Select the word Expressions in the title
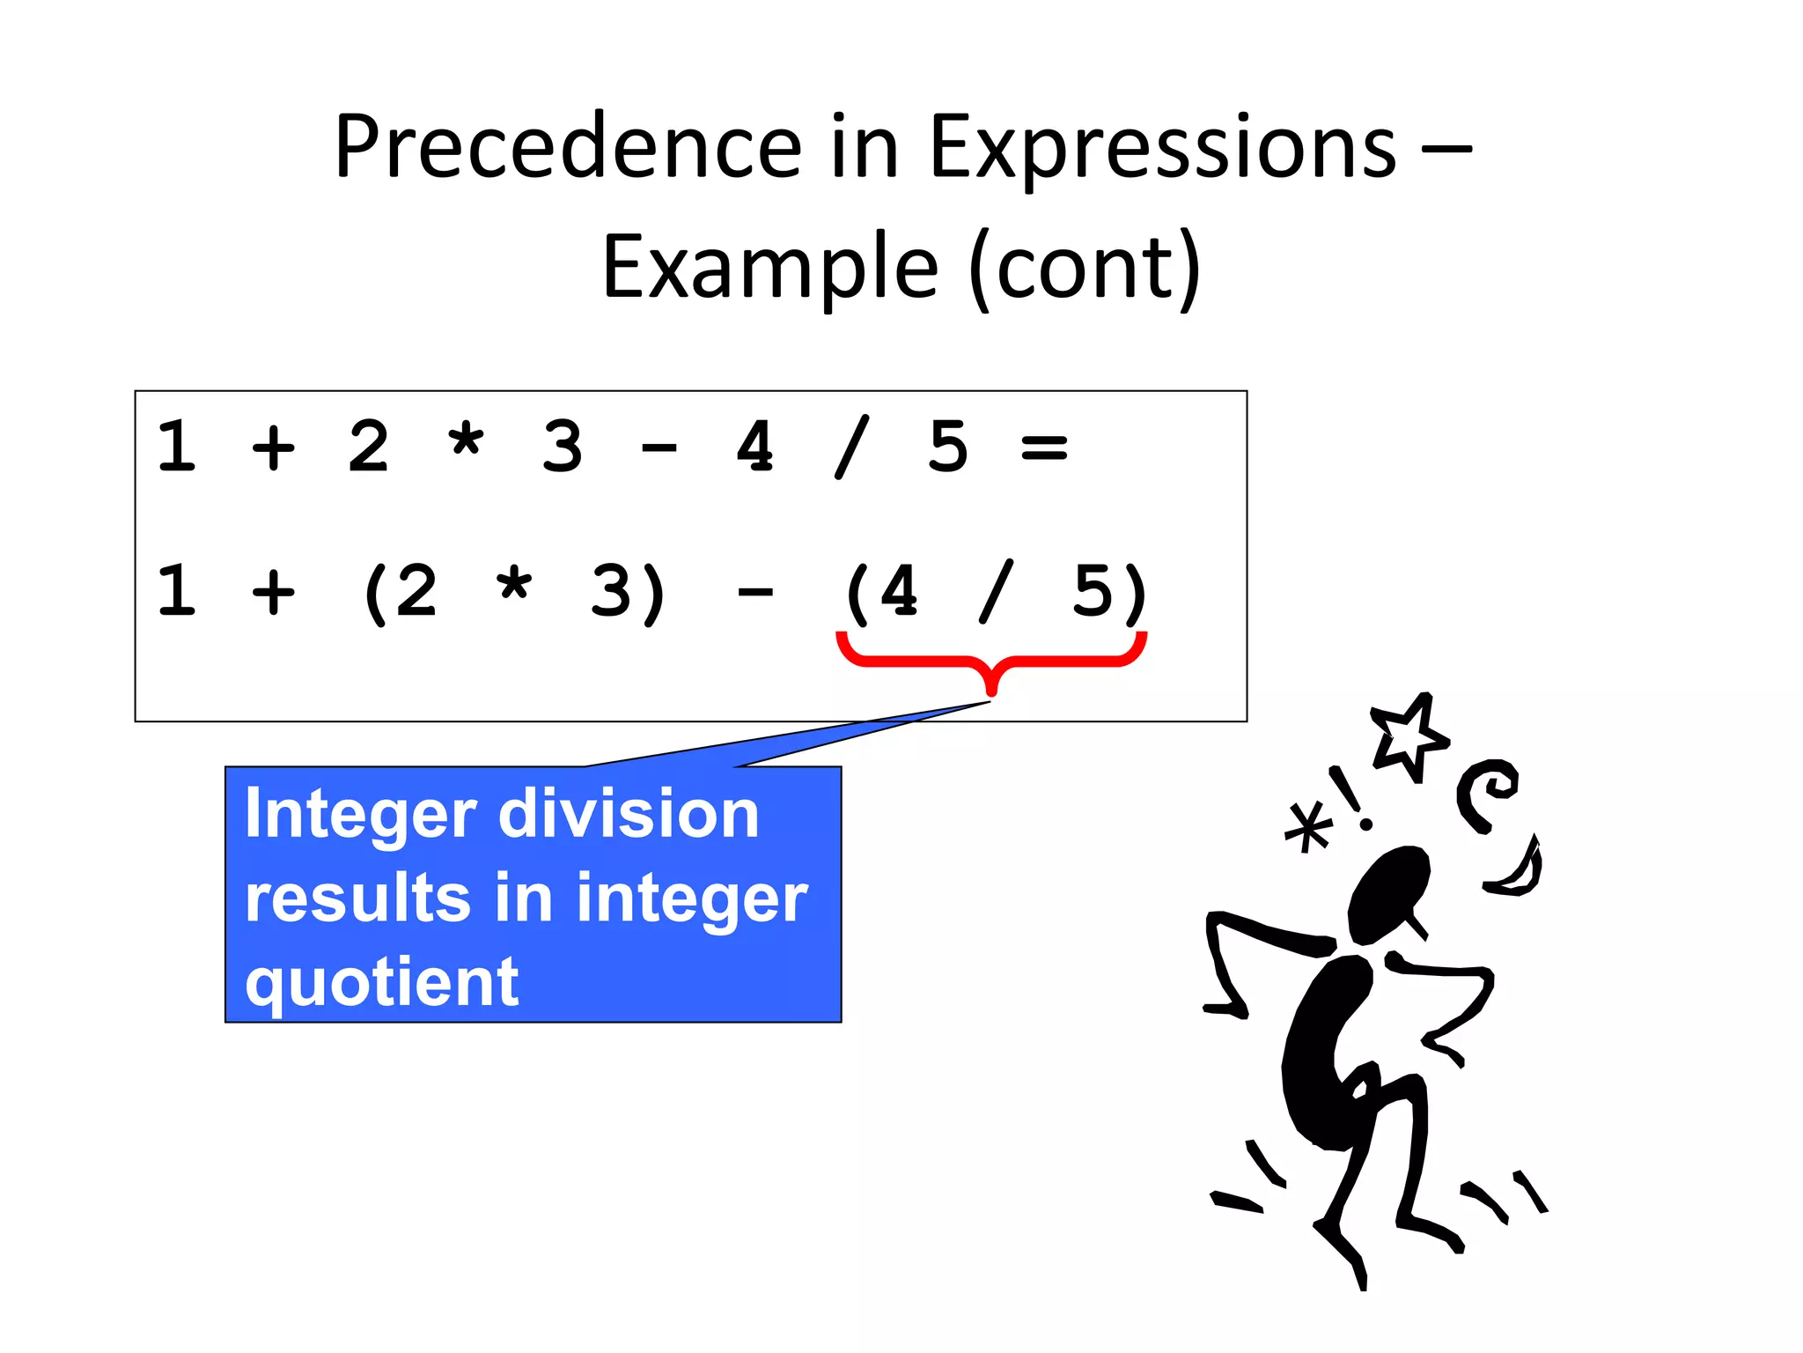[x=1163, y=147]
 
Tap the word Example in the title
[x=770, y=267]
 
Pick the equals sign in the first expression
[x=1044, y=447]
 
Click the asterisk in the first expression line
[x=465, y=440]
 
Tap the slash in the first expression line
[x=851, y=447]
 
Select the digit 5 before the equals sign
[x=948, y=447]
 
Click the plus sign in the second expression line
[x=273, y=591]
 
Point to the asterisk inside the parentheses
[x=514, y=586]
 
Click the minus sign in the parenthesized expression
[x=755, y=592]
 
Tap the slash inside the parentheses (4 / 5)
[x=996, y=591]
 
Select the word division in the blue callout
[x=629, y=814]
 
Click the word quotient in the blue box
[x=381, y=983]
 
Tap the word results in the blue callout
[x=357, y=898]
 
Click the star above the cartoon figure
[x=1408, y=734]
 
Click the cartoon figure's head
[x=1388, y=893]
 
